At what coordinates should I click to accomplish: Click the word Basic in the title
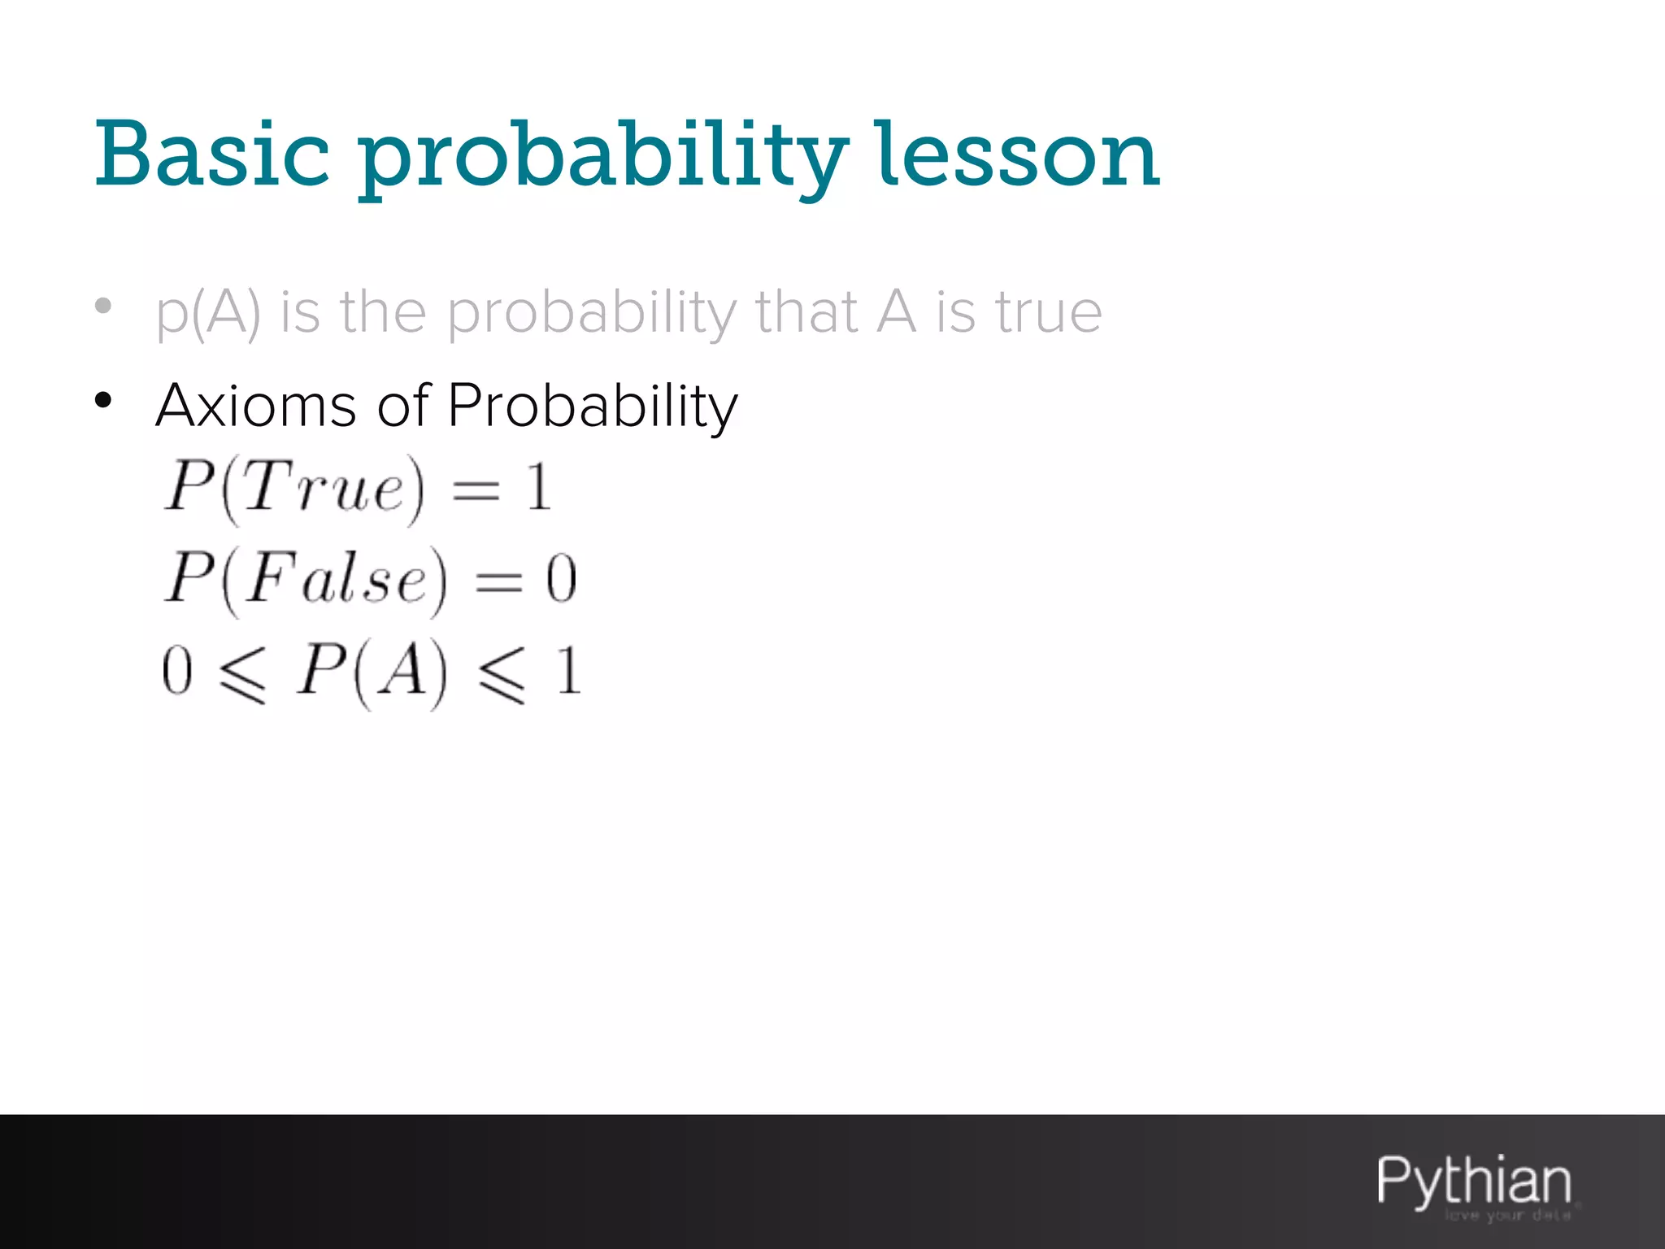coord(213,154)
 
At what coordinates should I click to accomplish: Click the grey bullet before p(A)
coord(103,307)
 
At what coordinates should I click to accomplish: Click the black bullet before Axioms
coord(103,399)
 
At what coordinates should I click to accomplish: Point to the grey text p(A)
coord(209,313)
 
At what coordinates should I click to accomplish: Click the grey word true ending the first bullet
coord(1049,312)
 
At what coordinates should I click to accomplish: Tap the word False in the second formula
coord(336,579)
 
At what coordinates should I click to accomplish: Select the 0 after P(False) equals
coord(561,580)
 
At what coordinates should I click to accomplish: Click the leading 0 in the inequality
coord(176,672)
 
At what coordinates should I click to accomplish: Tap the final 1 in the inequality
coord(568,672)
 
